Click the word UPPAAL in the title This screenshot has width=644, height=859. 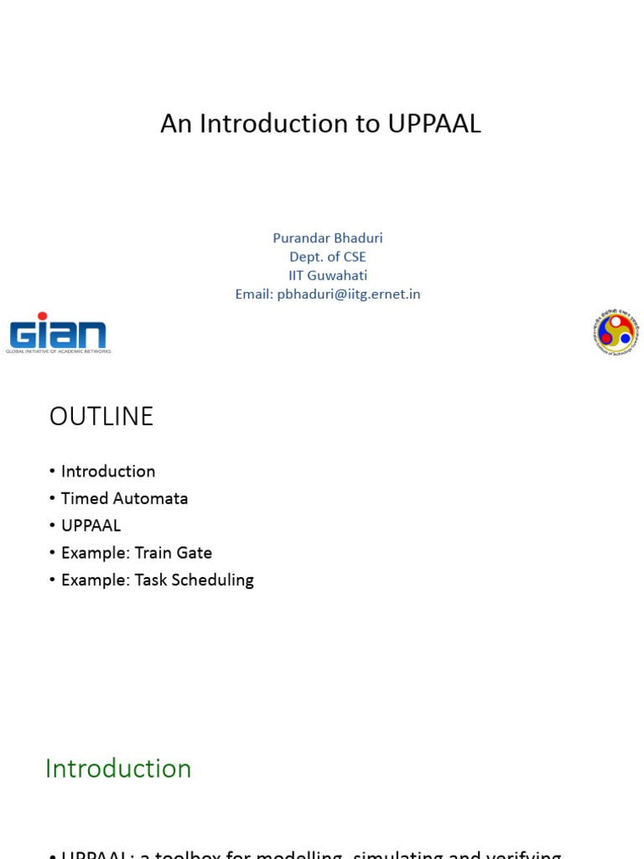tap(434, 124)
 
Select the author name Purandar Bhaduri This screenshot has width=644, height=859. tap(328, 238)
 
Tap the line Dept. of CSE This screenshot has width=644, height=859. tap(328, 257)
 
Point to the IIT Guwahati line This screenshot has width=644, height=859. tap(328, 275)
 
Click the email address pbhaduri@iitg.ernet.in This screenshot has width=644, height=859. tap(349, 294)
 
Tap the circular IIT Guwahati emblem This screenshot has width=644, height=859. tap(615, 332)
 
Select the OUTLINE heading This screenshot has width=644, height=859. tap(101, 417)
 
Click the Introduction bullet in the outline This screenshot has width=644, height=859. tap(108, 471)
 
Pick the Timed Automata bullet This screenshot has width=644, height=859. tap(124, 498)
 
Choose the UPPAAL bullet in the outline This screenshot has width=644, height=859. tap(91, 526)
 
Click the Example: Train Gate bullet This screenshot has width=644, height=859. tap(137, 553)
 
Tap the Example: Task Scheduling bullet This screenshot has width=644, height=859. tap(158, 580)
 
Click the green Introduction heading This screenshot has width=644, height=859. tap(118, 768)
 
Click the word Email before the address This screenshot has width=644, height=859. tap(254, 294)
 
